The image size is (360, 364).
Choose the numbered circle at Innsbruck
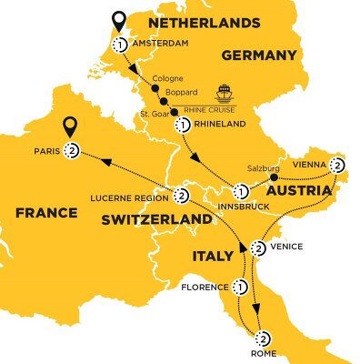[x=242, y=192]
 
